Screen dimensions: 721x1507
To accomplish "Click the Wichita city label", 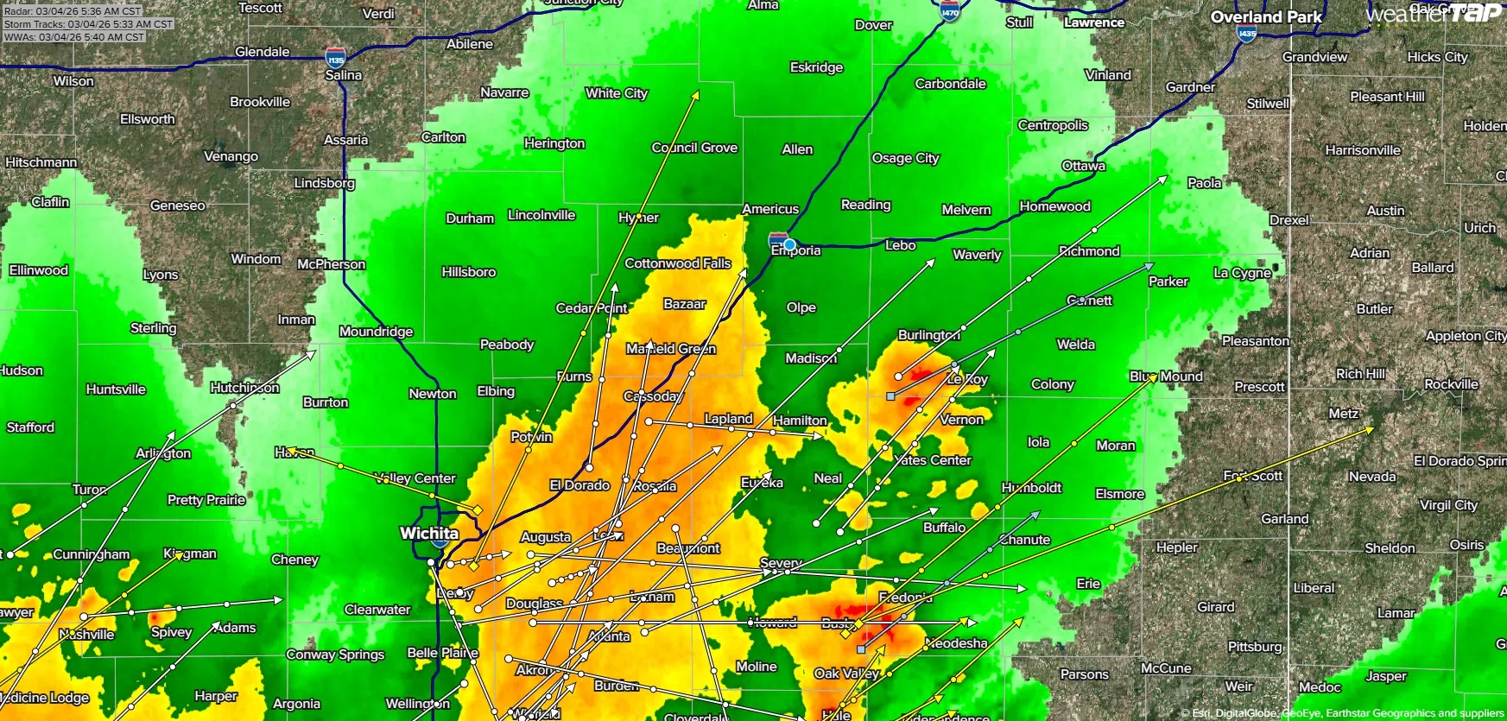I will pos(428,533).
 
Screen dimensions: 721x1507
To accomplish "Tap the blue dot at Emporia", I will pos(789,244).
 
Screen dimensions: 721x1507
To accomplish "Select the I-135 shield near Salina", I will pos(336,59).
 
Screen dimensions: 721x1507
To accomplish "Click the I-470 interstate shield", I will pos(950,10).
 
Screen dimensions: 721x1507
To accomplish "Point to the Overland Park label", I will pos(1266,16).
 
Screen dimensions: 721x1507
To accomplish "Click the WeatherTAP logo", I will pos(1434,13).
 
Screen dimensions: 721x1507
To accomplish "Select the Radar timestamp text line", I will pos(73,11).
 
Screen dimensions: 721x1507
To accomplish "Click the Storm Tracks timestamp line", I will pos(87,24).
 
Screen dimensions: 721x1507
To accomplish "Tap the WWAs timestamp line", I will pos(74,37).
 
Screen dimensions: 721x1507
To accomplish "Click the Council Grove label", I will pos(694,148).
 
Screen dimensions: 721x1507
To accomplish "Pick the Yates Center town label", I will pos(933,460).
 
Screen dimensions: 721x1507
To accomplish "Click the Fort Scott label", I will pos(1253,476).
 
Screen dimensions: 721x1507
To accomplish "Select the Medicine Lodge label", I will pos(45,698).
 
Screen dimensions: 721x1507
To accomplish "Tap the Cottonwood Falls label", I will pos(678,263).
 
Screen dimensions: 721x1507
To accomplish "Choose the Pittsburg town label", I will pos(1255,647).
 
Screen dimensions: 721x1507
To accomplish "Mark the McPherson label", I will pos(331,264).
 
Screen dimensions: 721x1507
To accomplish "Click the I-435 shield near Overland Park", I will pos(1246,34).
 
